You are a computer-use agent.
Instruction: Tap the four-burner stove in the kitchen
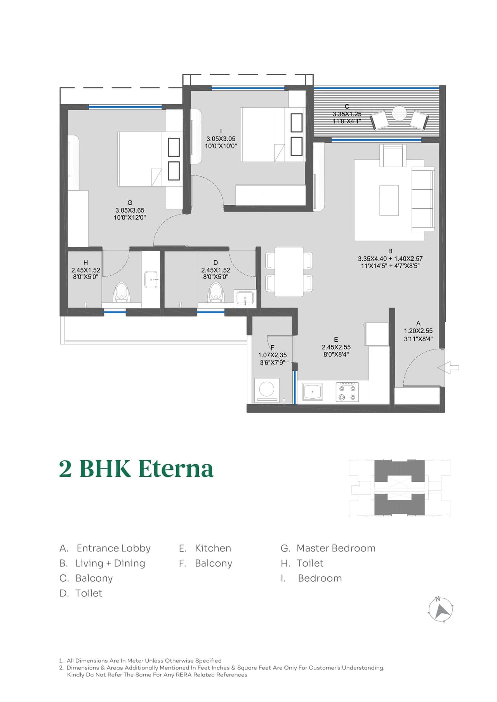(347, 392)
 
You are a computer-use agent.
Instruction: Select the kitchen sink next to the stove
(313, 392)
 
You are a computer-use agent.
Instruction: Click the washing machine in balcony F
(267, 389)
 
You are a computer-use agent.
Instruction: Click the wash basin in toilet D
(245, 298)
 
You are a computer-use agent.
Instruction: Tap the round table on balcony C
(399, 113)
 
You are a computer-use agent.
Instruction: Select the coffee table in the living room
(389, 200)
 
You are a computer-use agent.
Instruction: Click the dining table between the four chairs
(289, 271)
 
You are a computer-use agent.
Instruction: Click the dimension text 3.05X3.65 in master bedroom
(130, 210)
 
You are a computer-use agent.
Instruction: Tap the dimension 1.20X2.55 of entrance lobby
(418, 331)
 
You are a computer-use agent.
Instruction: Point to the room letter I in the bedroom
(221, 131)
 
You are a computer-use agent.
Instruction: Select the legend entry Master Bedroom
(335, 548)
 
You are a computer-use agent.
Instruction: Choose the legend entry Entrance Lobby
(113, 548)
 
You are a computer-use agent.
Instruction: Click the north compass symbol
(440, 610)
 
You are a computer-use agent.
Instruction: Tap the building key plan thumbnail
(400, 488)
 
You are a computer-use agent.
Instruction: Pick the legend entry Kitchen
(213, 548)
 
